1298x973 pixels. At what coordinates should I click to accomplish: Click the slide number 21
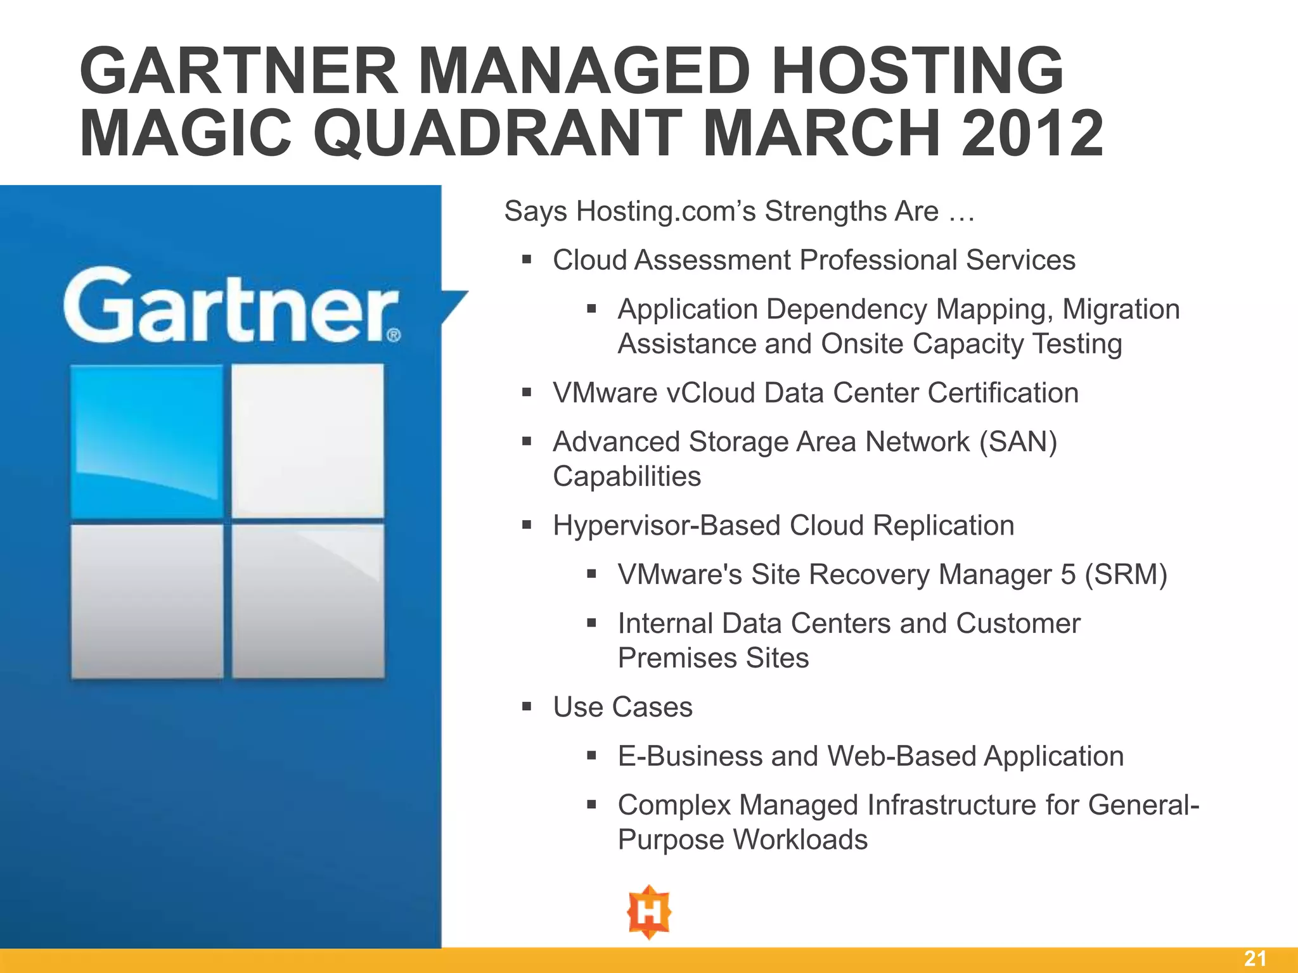click(1255, 958)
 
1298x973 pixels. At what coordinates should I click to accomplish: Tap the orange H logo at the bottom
click(649, 912)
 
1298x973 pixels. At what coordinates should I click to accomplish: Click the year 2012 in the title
click(1032, 133)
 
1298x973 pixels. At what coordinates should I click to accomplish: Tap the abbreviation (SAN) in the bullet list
click(1018, 442)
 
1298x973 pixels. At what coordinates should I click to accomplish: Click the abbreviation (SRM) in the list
click(1126, 575)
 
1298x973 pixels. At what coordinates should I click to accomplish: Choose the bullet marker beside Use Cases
click(527, 706)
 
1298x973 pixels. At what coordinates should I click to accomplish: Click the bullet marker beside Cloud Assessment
click(527, 259)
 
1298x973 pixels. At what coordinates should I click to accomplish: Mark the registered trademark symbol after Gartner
click(394, 334)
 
